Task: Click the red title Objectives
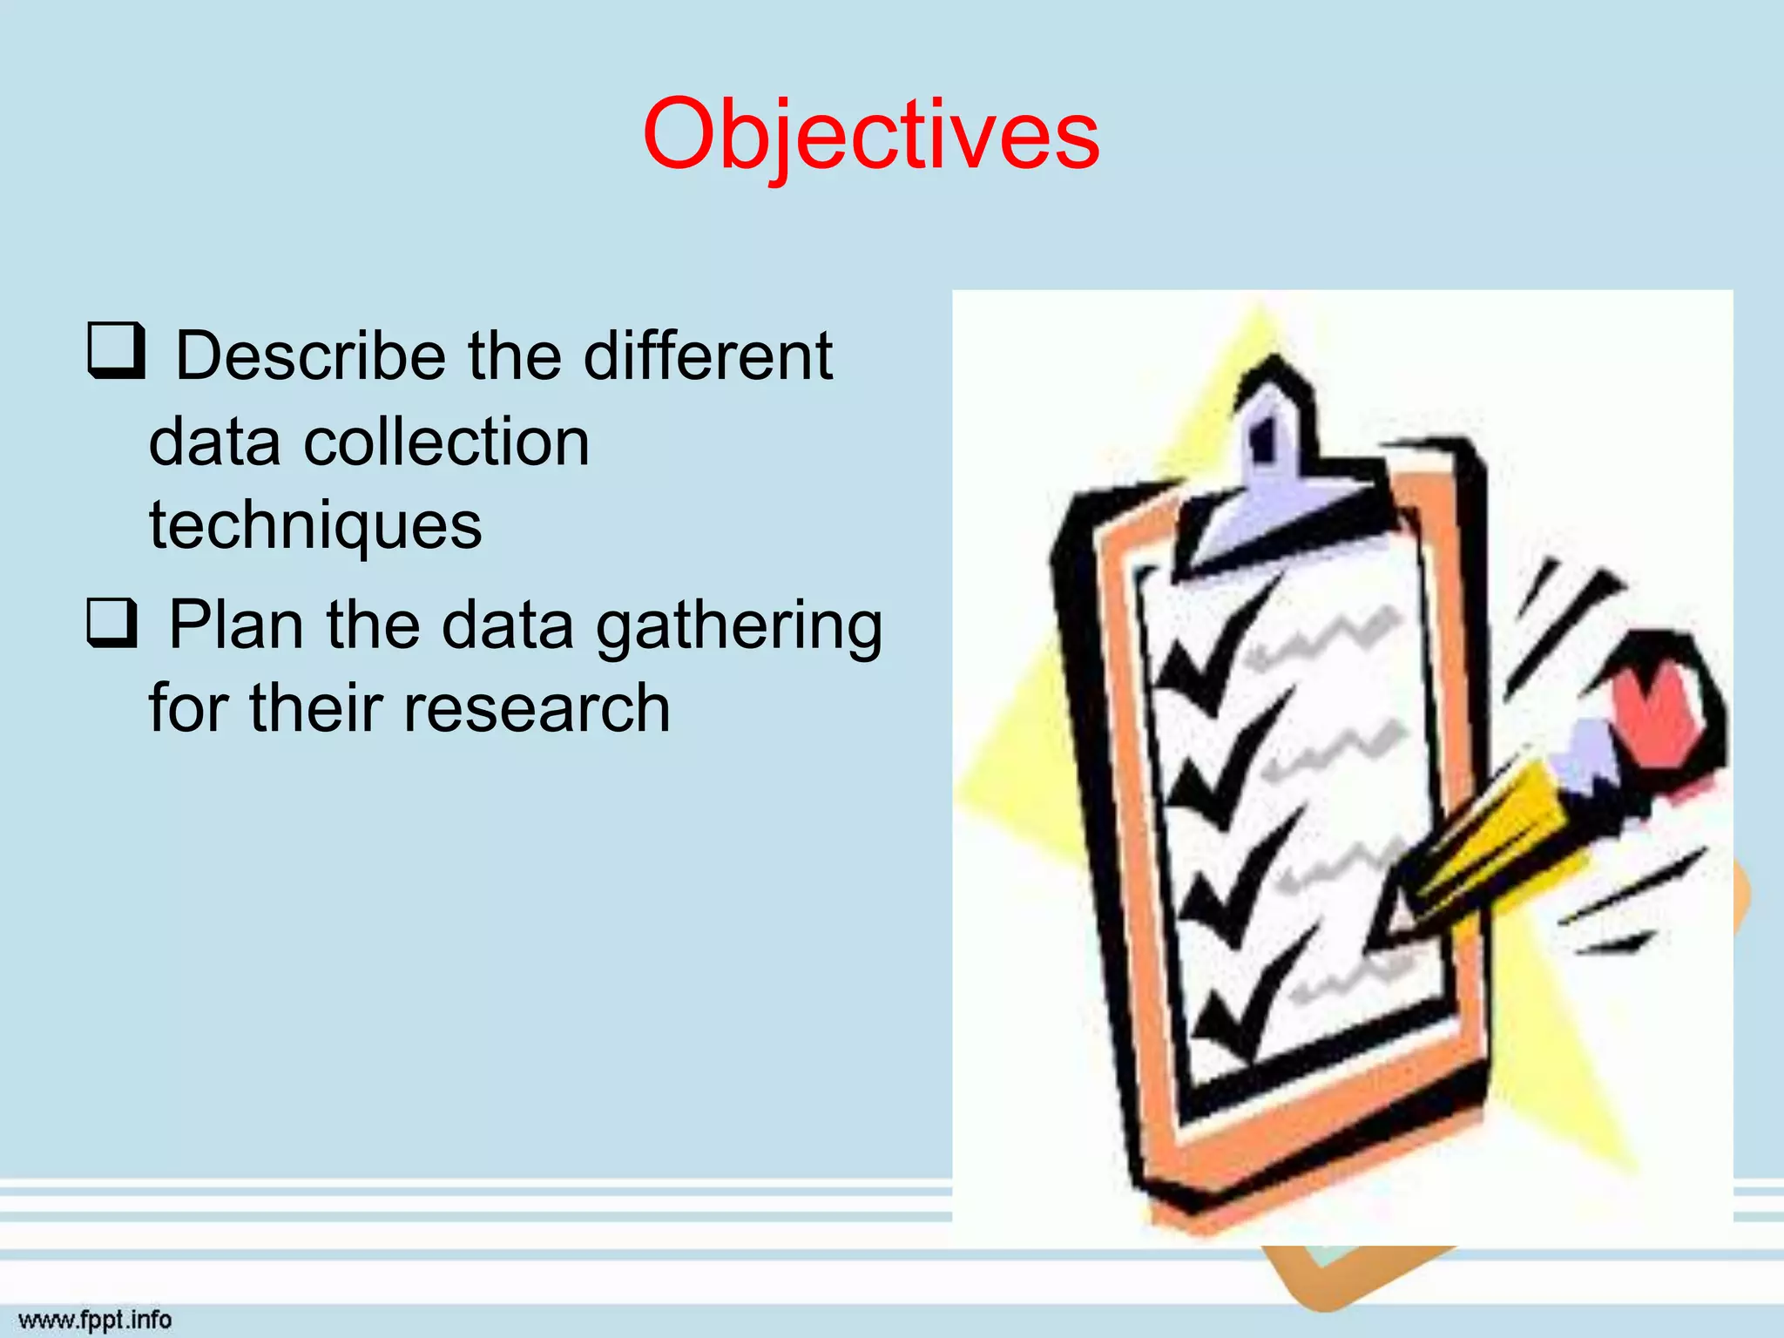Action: (871, 135)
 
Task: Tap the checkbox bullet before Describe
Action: (115, 350)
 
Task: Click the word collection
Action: (446, 443)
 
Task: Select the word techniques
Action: (315, 525)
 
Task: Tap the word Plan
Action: (235, 625)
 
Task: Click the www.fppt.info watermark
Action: (95, 1320)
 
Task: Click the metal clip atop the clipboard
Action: (1272, 470)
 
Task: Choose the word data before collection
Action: (214, 443)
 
